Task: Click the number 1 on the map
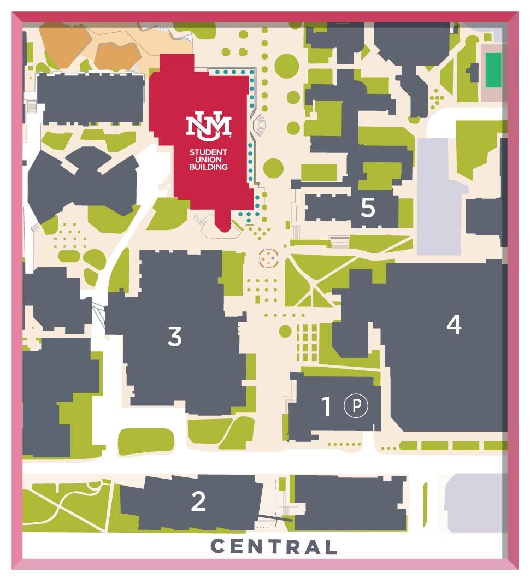pyautogui.click(x=326, y=406)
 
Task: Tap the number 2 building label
pyautogui.click(x=198, y=502)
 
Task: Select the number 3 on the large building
pyautogui.click(x=174, y=337)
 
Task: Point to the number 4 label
pyautogui.click(x=454, y=325)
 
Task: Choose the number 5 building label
pyautogui.click(x=368, y=208)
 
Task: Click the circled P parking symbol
pyautogui.click(x=356, y=406)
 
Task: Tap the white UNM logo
pyautogui.click(x=208, y=126)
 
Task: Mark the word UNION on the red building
pyautogui.click(x=208, y=160)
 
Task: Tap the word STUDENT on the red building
pyautogui.click(x=208, y=152)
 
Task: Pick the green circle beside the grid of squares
pyautogui.click(x=285, y=331)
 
